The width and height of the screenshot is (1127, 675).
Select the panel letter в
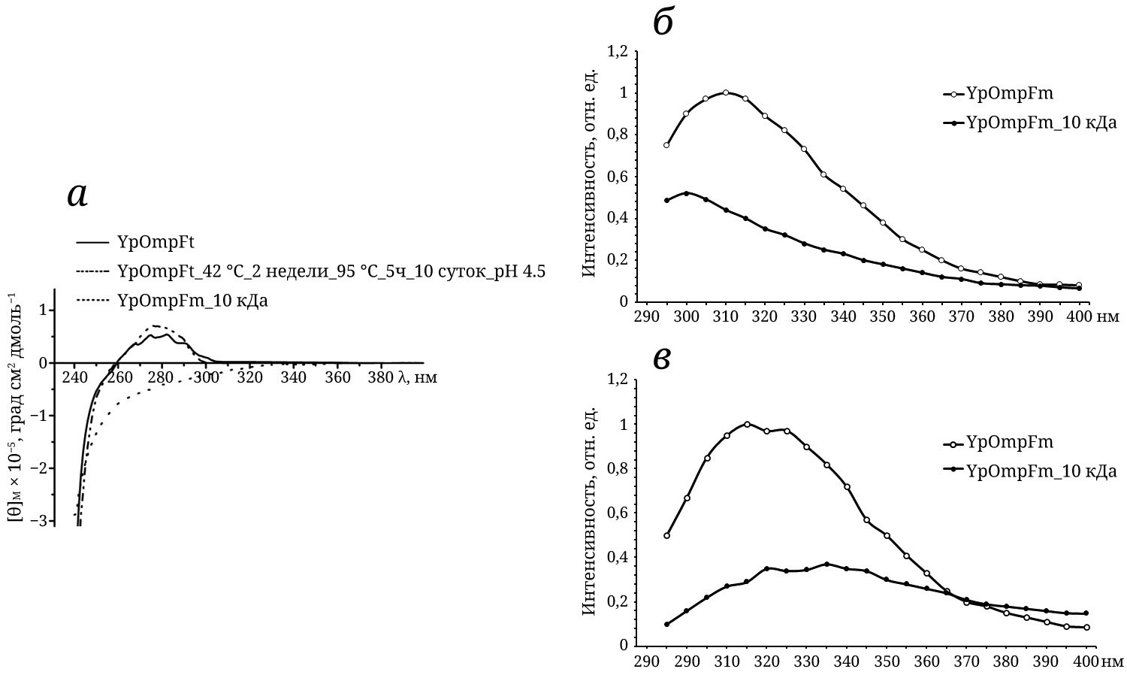(x=661, y=359)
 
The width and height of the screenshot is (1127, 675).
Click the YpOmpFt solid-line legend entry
(x=156, y=242)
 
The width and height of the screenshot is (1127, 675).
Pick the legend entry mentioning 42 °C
(x=331, y=271)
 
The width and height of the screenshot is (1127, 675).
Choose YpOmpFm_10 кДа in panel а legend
(x=192, y=301)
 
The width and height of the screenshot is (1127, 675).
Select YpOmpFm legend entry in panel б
(x=1009, y=93)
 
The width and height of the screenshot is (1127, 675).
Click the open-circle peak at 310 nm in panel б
(x=726, y=92)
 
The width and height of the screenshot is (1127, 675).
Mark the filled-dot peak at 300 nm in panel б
(x=686, y=193)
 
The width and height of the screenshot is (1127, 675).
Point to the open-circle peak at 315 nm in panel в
(x=747, y=424)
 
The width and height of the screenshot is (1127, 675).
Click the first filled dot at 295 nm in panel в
(x=666, y=624)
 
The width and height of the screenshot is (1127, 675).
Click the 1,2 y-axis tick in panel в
(x=618, y=380)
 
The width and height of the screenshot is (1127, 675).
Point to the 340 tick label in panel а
(x=293, y=377)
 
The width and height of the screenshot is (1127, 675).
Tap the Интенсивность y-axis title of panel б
(x=591, y=172)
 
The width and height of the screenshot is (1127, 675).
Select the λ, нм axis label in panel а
(x=417, y=377)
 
